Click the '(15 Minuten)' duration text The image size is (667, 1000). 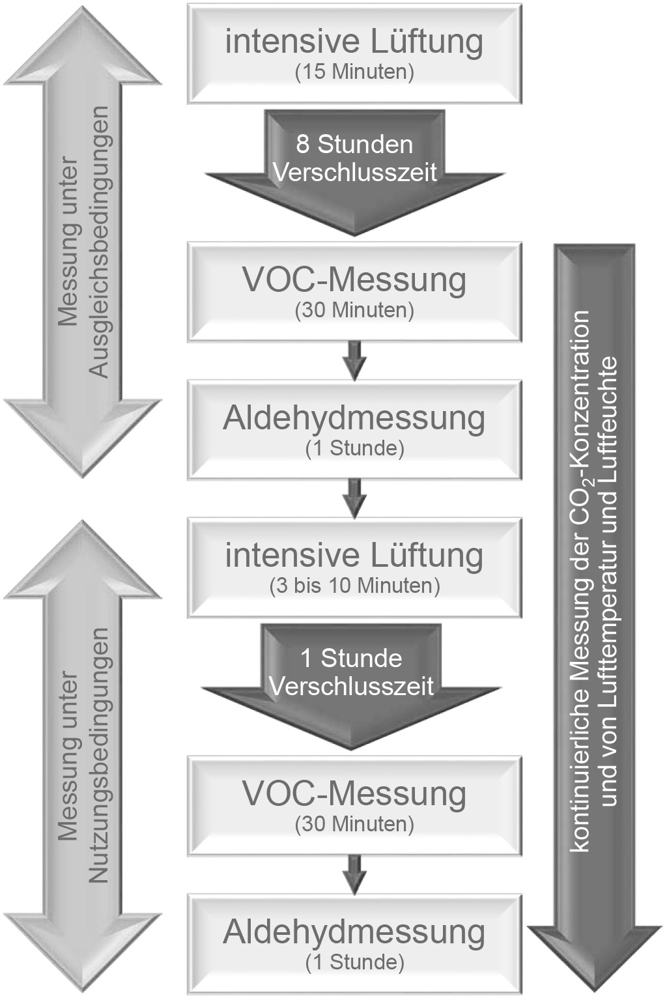coord(354,72)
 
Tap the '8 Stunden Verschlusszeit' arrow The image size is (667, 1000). coord(354,160)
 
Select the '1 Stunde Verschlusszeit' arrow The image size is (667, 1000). coord(352,674)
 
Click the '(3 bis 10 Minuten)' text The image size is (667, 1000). coord(354,586)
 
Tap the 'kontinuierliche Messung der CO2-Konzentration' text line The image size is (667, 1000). coord(579,580)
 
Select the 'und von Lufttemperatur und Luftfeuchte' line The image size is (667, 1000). coord(609,580)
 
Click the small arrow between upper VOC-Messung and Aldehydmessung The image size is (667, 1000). coord(354,360)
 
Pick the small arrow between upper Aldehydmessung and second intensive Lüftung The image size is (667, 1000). coord(354,498)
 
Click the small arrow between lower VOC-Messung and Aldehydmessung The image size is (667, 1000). coord(354,875)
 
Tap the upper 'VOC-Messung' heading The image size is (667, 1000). coord(354,279)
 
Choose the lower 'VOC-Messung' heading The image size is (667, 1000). coord(354,793)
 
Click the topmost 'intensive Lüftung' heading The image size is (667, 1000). coord(354,42)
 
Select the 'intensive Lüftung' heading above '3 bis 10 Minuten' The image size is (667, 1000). coord(354,556)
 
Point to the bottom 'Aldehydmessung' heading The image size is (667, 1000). coord(354,932)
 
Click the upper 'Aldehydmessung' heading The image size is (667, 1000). coord(354,418)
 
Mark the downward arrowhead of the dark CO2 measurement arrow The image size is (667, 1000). coord(594,958)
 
